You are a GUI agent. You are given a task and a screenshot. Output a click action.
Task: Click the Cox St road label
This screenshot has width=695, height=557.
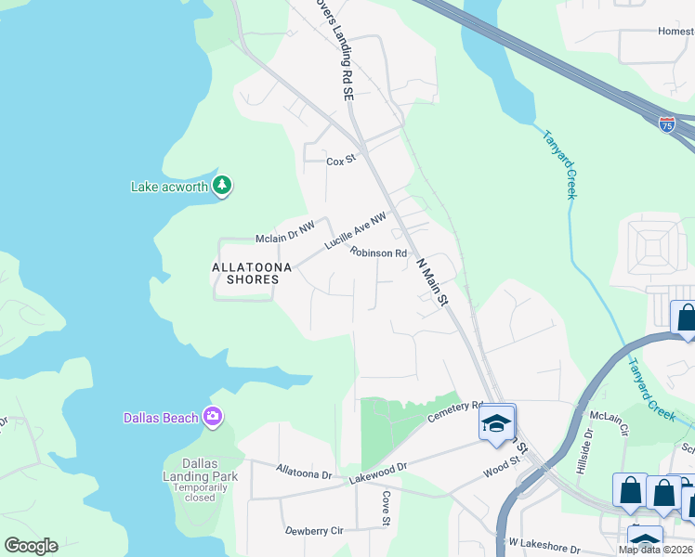pos(341,161)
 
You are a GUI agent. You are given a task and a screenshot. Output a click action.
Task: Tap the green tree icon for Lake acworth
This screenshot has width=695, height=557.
pos(222,186)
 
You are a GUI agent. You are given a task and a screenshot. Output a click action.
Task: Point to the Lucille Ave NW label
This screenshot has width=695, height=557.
pos(355,229)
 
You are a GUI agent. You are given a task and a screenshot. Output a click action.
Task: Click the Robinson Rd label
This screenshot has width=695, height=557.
pos(379,253)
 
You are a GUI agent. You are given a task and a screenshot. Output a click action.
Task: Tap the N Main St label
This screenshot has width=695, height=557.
pos(431,280)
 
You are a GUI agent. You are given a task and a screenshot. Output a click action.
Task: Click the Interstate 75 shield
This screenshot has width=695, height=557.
pos(667,124)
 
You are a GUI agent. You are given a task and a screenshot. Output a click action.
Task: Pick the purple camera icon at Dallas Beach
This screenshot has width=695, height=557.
pos(214,417)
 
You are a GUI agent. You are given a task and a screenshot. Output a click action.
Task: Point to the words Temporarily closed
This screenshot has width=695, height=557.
pos(200,492)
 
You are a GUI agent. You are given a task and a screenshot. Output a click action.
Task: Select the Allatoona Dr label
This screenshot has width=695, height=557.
pos(304,473)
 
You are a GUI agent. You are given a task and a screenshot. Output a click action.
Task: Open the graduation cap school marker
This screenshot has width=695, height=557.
pos(497,423)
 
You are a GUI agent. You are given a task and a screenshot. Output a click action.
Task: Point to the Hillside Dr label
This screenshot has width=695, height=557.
pos(589,446)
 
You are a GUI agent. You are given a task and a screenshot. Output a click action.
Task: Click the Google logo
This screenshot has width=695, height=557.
pos(32,546)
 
